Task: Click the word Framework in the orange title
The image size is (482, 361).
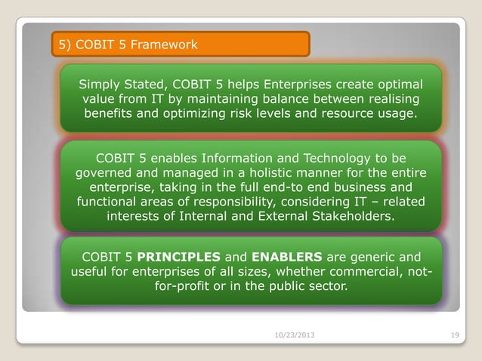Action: click(x=164, y=45)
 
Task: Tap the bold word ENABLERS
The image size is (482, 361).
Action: click(x=290, y=256)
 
